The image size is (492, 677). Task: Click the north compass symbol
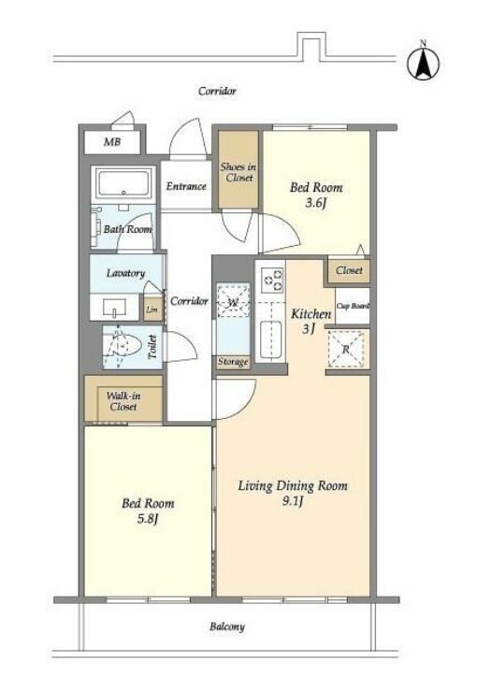click(x=424, y=62)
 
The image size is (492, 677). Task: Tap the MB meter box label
click(x=112, y=141)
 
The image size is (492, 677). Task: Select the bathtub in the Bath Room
click(x=123, y=183)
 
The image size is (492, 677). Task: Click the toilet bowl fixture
click(x=124, y=346)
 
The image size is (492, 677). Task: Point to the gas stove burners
click(x=271, y=279)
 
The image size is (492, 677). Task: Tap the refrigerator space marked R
click(x=346, y=349)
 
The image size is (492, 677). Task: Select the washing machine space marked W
click(x=233, y=301)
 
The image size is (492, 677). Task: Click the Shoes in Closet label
click(x=239, y=172)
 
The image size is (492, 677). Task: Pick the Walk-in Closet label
click(x=123, y=401)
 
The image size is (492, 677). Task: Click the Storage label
click(x=233, y=361)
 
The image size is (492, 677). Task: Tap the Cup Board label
click(x=353, y=306)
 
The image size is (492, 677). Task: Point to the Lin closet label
click(x=152, y=310)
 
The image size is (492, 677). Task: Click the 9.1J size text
click(x=293, y=501)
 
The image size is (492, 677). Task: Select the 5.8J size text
click(x=147, y=518)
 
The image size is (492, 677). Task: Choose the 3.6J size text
click(x=315, y=202)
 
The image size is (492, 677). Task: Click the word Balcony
click(x=227, y=627)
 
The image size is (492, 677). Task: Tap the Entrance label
click(x=186, y=186)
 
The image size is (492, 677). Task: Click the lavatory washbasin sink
click(x=114, y=308)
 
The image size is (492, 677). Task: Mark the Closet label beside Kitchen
click(x=349, y=270)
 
